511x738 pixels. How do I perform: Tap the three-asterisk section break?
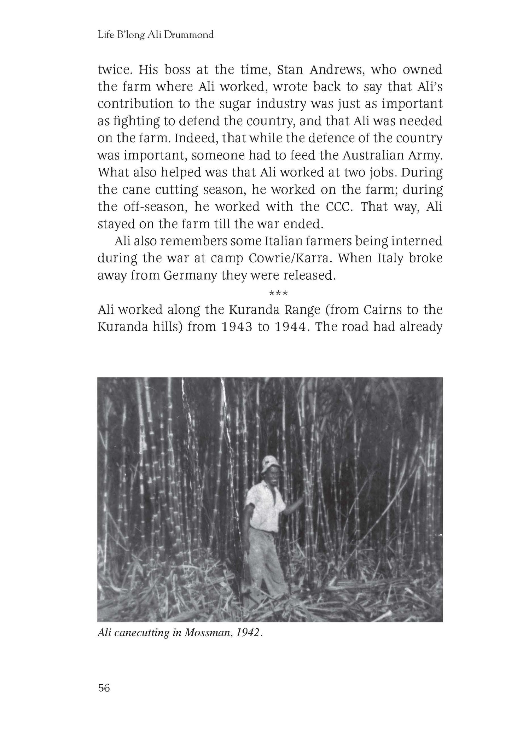click(278, 293)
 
